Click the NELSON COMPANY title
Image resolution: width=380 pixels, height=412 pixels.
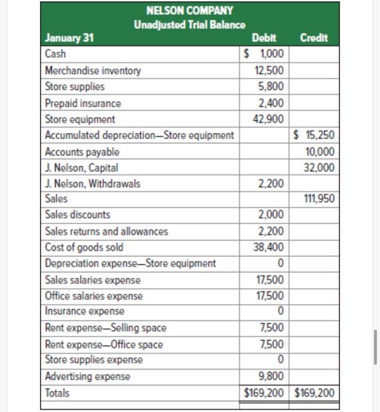point(189,11)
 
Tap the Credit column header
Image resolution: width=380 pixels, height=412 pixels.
point(314,38)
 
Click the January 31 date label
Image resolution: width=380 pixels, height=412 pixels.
point(69,38)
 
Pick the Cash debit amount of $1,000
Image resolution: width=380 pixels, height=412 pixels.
point(264,54)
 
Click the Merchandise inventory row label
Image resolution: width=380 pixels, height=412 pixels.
point(93,71)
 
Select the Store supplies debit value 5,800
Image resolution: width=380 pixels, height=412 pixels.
point(271,87)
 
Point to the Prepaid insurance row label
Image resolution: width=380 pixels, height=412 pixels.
point(83,103)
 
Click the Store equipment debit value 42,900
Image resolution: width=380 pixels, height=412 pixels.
point(269,119)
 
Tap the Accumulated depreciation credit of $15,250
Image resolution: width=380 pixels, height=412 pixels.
point(315,135)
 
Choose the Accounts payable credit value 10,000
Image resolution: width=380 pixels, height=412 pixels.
point(321,151)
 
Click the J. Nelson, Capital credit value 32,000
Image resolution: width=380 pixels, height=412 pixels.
point(321,167)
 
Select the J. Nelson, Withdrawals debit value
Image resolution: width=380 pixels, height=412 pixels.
point(271,184)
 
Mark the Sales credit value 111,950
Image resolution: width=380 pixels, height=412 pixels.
point(319,199)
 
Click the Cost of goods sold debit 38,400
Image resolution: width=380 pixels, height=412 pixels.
point(269,247)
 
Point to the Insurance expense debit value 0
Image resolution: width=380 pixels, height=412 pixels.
point(280,310)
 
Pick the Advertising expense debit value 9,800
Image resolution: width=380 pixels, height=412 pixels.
point(271,376)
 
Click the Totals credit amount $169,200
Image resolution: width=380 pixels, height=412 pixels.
point(314,392)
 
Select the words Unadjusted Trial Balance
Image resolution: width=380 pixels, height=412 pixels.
point(189,25)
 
